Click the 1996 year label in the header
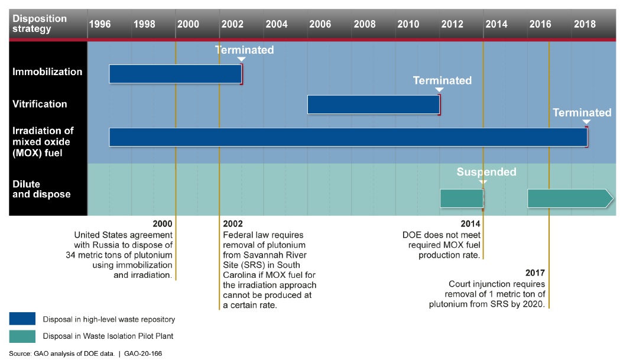[100, 24]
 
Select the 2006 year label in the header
[320, 24]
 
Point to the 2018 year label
[585, 24]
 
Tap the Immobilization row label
[47, 72]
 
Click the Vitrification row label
[40, 104]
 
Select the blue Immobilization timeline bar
[175, 74]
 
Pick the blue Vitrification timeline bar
[373, 104]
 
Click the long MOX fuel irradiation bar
[348, 137]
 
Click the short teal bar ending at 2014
[462, 199]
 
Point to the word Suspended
[486, 172]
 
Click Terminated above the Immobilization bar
[244, 50]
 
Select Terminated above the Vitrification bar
[442, 80]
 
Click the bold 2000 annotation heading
[163, 224]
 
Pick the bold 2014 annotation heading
[470, 224]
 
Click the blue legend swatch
[22, 319]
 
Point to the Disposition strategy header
[40, 24]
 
